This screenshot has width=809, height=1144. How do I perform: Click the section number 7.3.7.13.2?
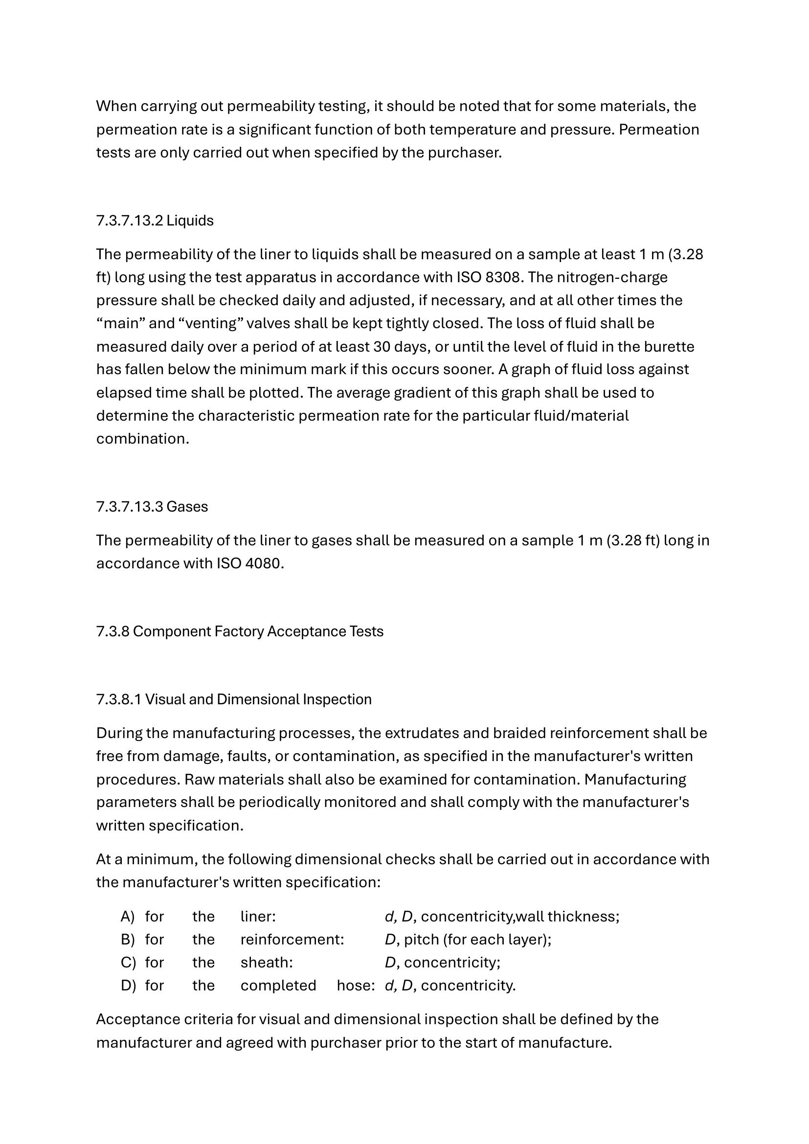pyautogui.click(x=130, y=221)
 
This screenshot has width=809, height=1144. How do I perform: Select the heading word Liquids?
pyautogui.click(x=190, y=221)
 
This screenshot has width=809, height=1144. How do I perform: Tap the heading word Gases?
pyautogui.click(x=187, y=507)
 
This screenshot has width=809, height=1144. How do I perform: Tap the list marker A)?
pyautogui.click(x=128, y=916)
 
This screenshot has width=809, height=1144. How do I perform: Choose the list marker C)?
pyautogui.click(x=128, y=962)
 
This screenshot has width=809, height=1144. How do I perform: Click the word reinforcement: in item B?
pyautogui.click(x=292, y=939)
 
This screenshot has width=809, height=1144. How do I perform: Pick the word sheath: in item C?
pyautogui.click(x=267, y=962)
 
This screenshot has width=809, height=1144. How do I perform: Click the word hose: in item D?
pyautogui.click(x=356, y=985)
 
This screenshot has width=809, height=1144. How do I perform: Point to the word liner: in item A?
pyautogui.click(x=258, y=916)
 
